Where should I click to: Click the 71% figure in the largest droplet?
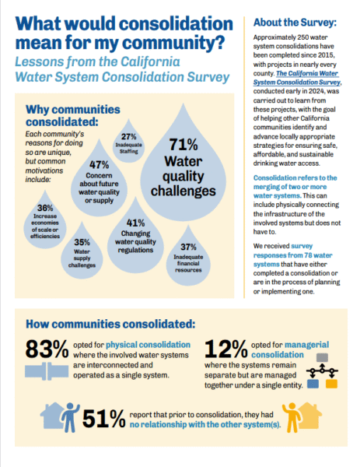tap(183, 145)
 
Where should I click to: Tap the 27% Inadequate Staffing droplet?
tap(128, 143)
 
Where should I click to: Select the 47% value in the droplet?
tap(99, 165)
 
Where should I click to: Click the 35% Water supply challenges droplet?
tap(82, 253)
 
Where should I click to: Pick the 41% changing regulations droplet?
tap(135, 238)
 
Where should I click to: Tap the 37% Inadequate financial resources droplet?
tap(188, 258)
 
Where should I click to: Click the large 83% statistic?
tap(47, 349)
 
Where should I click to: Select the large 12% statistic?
tap(225, 349)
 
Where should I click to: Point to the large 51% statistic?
tap(104, 419)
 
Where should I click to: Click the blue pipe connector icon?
tap(47, 371)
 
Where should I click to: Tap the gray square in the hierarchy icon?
tap(322, 357)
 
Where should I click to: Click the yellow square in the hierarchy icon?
tap(331, 384)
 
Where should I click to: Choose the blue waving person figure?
tap(71, 417)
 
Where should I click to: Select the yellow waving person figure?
tap(291, 417)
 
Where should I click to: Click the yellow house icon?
tap(310, 416)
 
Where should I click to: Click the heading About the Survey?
tap(295, 23)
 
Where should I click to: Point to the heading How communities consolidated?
tap(110, 324)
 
